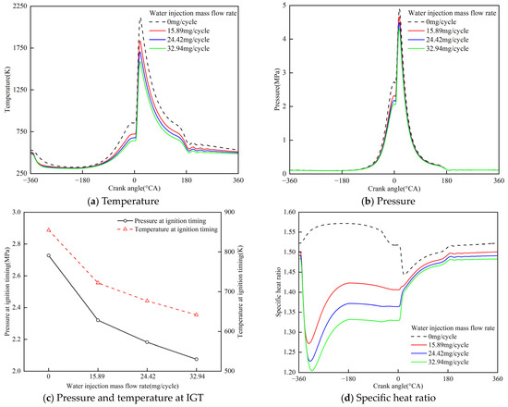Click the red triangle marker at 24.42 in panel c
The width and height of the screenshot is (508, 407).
[147, 300]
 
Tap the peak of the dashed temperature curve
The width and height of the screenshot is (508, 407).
[139, 18]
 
